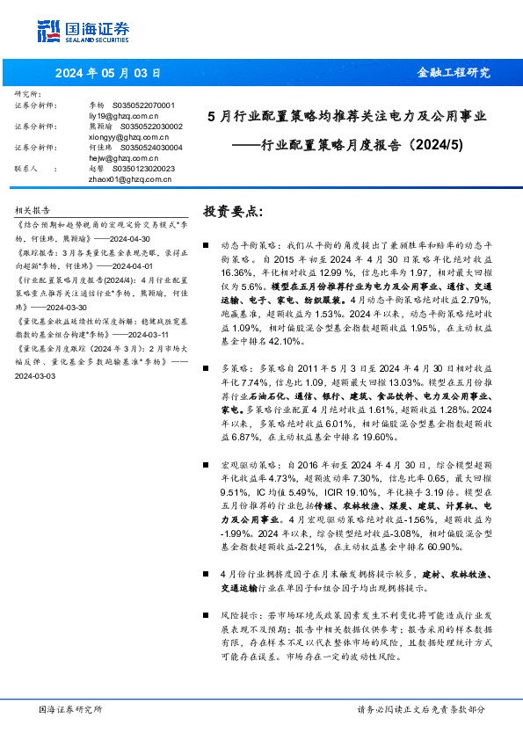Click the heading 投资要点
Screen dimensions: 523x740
pos(233,213)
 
